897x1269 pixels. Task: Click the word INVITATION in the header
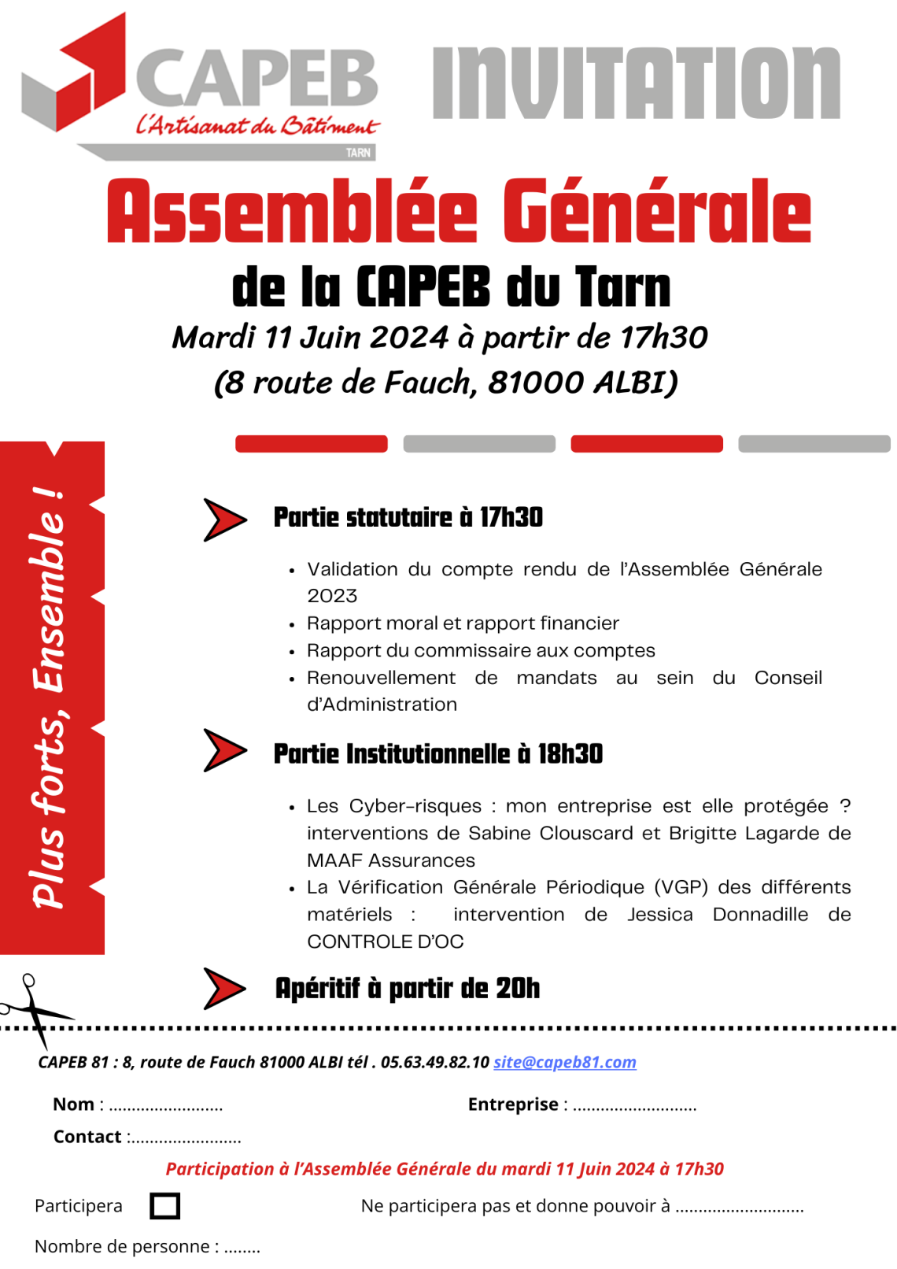click(x=636, y=83)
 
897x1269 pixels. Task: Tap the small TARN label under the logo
click(x=358, y=153)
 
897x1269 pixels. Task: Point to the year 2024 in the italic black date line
click(x=408, y=337)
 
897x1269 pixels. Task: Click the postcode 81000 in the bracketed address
click(x=536, y=383)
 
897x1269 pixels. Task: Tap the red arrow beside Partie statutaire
click(x=224, y=520)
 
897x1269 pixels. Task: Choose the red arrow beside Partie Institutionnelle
click(x=224, y=750)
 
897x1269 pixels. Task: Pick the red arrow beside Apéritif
click(x=224, y=988)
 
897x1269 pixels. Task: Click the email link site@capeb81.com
click(x=565, y=1062)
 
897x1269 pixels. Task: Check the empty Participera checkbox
click(x=164, y=1205)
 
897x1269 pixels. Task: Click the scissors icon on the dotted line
click(x=31, y=1008)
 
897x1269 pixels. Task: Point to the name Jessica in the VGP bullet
click(x=659, y=915)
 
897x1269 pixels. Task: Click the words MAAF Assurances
click(x=391, y=860)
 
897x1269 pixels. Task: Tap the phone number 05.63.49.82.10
click(x=435, y=1062)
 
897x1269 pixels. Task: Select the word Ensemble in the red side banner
click(x=49, y=590)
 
